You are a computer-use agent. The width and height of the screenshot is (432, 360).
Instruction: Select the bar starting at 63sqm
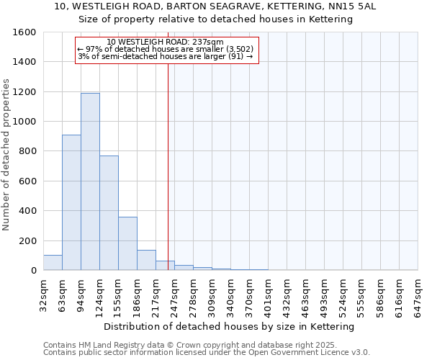pyautogui.click(x=71, y=202)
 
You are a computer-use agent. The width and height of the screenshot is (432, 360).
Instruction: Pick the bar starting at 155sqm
pyautogui.click(x=127, y=243)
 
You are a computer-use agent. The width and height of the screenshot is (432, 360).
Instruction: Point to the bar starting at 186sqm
pyautogui.click(x=146, y=260)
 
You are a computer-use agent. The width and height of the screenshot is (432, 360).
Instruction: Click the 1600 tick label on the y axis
pyautogui.click(x=24, y=32)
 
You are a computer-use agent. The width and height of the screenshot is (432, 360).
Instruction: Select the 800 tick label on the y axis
pyautogui.click(x=27, y=151)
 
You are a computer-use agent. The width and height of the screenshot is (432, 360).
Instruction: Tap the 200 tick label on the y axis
pyautogui.click(x=27, y=240)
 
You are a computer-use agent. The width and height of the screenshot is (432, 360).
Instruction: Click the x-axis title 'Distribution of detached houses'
pyautogui.click(x=230, y=327)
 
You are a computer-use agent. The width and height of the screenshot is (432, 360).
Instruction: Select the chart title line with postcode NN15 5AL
pyautogui.click(x=215, y=6)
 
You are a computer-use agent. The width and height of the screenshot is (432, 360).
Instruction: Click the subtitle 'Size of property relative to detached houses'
pyautogui.click(x=215, y=19)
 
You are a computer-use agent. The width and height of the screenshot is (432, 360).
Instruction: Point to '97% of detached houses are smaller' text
pyautogui.click(x=166, y=49)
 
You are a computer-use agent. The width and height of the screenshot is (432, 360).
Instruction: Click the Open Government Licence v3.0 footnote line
pyautogui.click(x=207, y=353)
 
